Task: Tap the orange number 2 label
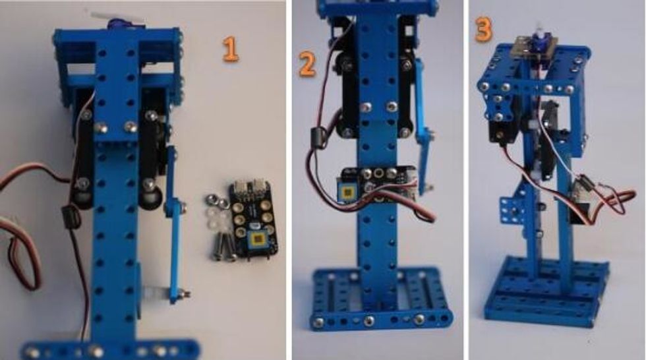(306, 63)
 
